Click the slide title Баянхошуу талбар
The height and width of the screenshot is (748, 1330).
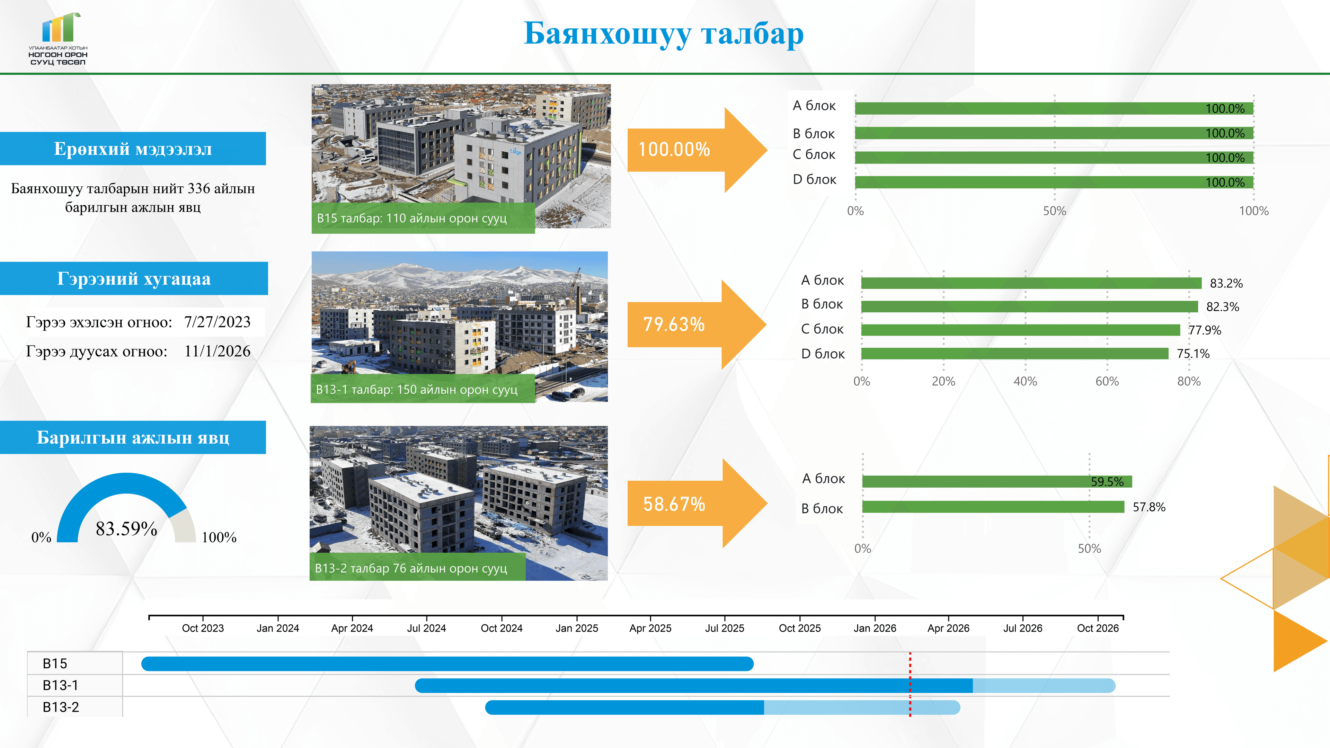(x=664, y=34)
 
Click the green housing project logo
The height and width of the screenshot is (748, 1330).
(x=58, y=39)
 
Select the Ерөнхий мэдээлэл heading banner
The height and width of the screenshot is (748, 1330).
(x=133, y=149)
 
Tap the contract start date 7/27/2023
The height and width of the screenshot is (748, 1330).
(x=218, y=322)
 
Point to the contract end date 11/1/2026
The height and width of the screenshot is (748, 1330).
(x=218, y=351)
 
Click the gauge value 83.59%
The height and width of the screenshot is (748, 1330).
(x=126, y=528)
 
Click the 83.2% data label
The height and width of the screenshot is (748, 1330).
(x=1226, y=283)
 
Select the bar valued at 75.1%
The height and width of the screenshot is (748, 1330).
(x=1014, y=353)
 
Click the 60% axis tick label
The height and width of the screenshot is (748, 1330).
(x=1107, y=382)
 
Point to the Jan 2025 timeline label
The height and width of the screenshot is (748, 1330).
(x=577, y=628)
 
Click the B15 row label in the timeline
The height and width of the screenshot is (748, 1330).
(x=55, y=664)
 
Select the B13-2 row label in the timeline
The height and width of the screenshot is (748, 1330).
(x=61, y=707)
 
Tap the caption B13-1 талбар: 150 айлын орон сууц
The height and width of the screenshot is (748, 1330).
(x=417, y=390)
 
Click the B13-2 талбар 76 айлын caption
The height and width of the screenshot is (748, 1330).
(x=411, y=568)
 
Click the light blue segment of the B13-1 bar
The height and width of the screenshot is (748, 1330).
(x=1044, y=686)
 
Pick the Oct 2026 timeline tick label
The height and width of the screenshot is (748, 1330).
(x=1098, y=628)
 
